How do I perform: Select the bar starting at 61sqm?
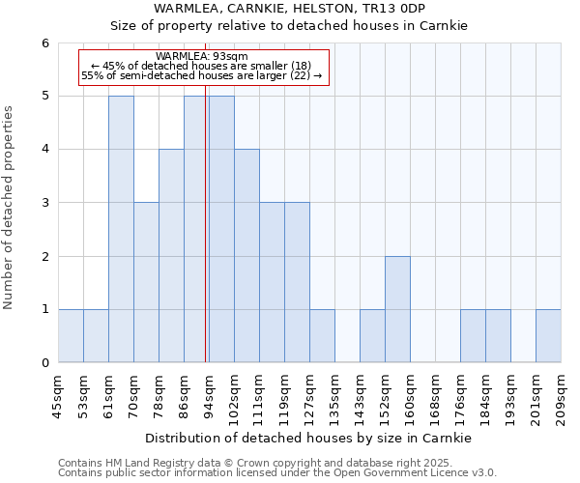click(x=121, y=229)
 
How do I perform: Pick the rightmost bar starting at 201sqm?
click(x=548, y=336)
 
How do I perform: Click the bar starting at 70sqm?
click(x=146, y=282)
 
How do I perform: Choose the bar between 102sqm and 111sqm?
click(x=246, y=256)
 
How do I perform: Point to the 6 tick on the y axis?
click(x=45, y=43)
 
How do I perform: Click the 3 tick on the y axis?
click(x=45, y=203)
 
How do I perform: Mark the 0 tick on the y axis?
click(x=45, y=363)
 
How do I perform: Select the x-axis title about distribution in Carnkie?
click(x=308, y=438)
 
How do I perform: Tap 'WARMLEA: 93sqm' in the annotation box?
click(x=201, y=57)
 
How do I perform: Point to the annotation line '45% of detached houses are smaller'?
click(x=201, y=66)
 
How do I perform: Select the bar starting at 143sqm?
click(x=372, y=336)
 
